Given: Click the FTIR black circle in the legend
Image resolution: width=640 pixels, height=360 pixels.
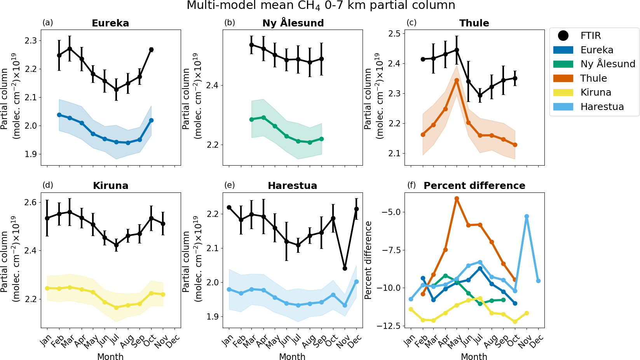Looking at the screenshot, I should (x=563, y=36).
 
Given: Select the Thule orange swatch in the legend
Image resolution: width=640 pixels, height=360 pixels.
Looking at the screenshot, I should (x=563, y=78).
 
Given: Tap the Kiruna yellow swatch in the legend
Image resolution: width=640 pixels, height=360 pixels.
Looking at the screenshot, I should (x=563, y=93).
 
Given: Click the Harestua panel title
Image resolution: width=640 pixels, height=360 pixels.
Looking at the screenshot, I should (x=292, y=186).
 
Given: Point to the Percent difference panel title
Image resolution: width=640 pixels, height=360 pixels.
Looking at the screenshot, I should (x=474, y=186).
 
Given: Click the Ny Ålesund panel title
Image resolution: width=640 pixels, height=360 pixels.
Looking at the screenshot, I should (x=293, y=23).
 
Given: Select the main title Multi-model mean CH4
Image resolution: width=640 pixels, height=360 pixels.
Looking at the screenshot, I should (x=321, y=6).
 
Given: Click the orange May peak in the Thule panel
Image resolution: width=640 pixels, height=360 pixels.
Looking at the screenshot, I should (x=457, y=80).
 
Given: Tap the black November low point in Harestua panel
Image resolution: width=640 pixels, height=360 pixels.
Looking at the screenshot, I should (x=345, y=268).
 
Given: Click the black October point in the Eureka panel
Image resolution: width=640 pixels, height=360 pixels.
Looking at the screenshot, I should (x=151, y=49).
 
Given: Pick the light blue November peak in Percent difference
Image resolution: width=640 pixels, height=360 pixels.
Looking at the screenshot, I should (x=527, y=217).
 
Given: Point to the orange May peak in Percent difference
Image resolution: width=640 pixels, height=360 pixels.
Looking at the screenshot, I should (x=457, y=199).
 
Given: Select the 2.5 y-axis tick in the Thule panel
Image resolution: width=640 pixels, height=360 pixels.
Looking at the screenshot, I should (x=394, y=33).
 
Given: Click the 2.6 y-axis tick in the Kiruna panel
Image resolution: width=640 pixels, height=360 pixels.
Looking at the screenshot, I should (x=31, y=202).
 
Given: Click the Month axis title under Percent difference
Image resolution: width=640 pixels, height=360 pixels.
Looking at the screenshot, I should (x=474, y=357).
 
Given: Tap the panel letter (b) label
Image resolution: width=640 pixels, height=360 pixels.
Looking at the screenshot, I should (x=230, y=23).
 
